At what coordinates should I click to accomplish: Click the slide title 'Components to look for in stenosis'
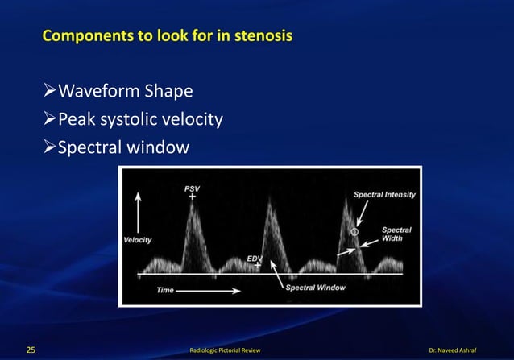(x=167, y=37)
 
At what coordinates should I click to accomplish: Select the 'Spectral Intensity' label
(x=386, y=194)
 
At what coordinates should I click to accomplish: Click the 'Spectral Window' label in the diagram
(x=316, y=288)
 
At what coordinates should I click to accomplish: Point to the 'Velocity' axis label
(x=138, y=240)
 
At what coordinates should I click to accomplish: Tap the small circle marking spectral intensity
(x=354, y=232)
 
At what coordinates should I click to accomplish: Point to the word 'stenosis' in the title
(x=264, y=37)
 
